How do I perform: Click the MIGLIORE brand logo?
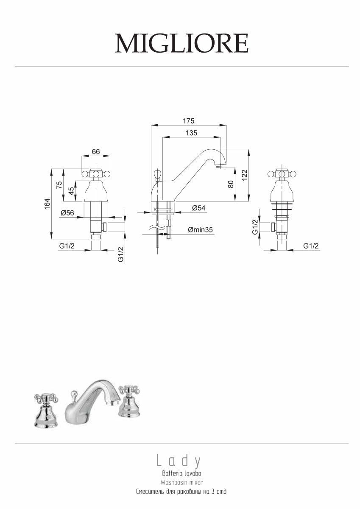pyautogui.click(x=181, y=43)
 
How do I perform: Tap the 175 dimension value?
pyautogui.click(x=189, y=121)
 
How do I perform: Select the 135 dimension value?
pyautogui.click(x=192, y=133)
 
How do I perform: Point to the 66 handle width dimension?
pyautogui.click(x=96, y=151)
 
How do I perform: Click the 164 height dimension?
pyautogui.click(x=47, y=204)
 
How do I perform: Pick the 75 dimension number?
pyautogui.click(x=59, y=185)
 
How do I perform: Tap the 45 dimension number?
pyautogui.click(x=71, y=190)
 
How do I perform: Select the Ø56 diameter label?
pyautogui.click(x=67, y=213)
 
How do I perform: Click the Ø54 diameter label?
pyautogui.click(x=199, y=208)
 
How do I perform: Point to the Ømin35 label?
pyautogui.click(x=200, y=230)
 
